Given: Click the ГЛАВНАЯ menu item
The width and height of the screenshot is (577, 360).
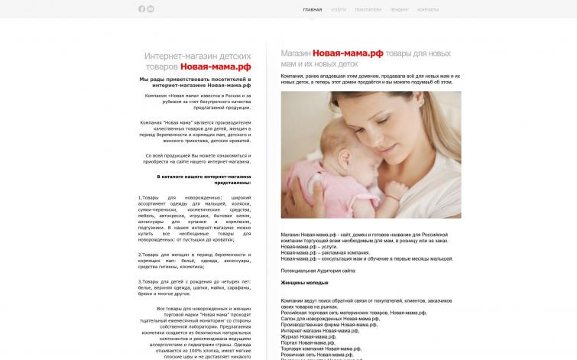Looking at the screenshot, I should pyautogui.click(x=313, y=10).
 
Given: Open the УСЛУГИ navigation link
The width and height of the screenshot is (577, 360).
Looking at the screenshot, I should pyautogui.click(x=339, y=10).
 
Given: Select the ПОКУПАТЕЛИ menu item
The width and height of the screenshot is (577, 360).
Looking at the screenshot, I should pyautogui.click(x=368, y=10).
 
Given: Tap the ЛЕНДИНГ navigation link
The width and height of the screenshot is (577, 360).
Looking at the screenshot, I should pyautogui.click(x=399, y=10).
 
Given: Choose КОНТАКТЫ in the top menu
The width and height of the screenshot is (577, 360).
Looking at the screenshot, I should pyautogui.click(x=428, y=10).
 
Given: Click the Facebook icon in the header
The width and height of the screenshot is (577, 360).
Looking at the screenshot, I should pyautogui.click(x=141, y=9).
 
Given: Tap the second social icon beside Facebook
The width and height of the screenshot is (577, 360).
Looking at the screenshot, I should pyautogui.click(x=151, y=9).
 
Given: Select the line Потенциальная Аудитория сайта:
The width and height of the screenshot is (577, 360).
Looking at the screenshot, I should pyautogui.click(x=318, y=271).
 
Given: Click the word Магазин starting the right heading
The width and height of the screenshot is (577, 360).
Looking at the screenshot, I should pyautogui.click(x=295, y=54).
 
